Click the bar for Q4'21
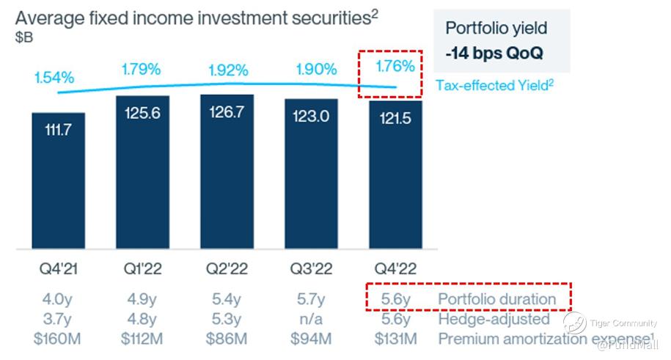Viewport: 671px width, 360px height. [x=59, y=180]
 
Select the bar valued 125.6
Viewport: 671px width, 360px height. [x=142, y=172]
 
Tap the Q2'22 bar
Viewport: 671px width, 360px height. [x=227, y=172]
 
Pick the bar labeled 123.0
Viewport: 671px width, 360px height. [x=311, y=174]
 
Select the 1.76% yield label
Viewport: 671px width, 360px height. [x=395, y=67]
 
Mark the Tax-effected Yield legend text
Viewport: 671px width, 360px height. [x=494, y=85]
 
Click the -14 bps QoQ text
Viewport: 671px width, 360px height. [x=494, y=54]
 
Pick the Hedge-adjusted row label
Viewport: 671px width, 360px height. [x=494, y=319]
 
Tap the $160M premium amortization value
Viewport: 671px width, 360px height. [x=59, y=339]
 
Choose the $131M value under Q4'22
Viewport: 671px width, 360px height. [x=395, y=339]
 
